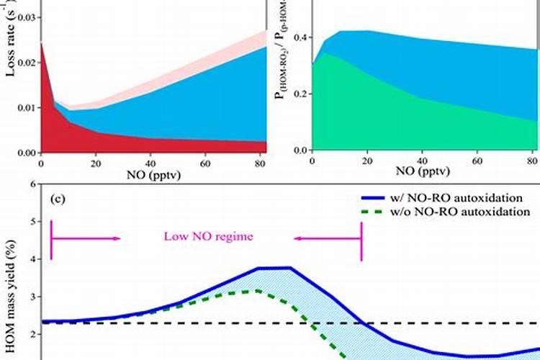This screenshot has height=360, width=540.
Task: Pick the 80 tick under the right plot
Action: pyautogui.click(x=531, y=161)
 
